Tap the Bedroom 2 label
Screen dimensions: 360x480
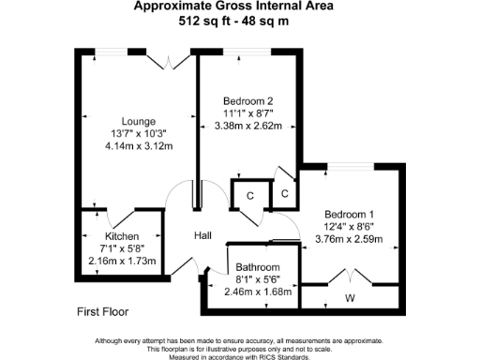248,101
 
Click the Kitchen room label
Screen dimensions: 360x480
122,236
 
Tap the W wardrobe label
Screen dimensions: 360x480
350,299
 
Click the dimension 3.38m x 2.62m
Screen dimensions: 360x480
248,126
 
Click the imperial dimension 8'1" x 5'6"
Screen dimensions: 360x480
257,279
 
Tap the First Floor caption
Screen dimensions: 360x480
102,310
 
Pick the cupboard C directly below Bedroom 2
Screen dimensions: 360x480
249,196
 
